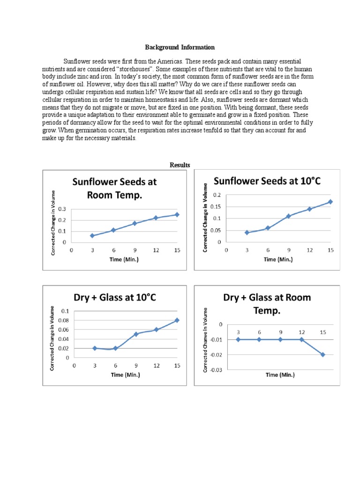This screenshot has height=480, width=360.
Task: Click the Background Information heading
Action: tap(180, 47)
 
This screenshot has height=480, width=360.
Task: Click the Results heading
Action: tap(180, 165)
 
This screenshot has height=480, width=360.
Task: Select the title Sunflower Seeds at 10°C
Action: tap(267, 181)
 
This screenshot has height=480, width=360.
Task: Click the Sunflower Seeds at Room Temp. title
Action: tap(114, 188)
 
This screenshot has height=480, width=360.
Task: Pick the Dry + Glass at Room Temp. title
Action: tap(267, 304)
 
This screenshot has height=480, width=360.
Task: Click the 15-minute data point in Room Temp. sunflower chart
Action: tap(177, 215)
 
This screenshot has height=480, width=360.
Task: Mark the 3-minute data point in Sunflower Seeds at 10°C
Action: tap(247, 232)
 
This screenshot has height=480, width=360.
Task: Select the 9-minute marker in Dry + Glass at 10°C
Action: tap(136, 334)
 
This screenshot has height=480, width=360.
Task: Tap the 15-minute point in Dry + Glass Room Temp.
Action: tap(323, 354)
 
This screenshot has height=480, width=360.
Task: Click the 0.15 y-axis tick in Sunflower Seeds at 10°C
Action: tap(216, 207)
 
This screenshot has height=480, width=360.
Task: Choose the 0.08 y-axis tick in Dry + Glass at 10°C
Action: tap(62, 320)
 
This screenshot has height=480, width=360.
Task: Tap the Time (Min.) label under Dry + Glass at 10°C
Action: tap(125, 375)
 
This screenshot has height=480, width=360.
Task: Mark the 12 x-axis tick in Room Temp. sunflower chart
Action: tap(156, 250)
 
